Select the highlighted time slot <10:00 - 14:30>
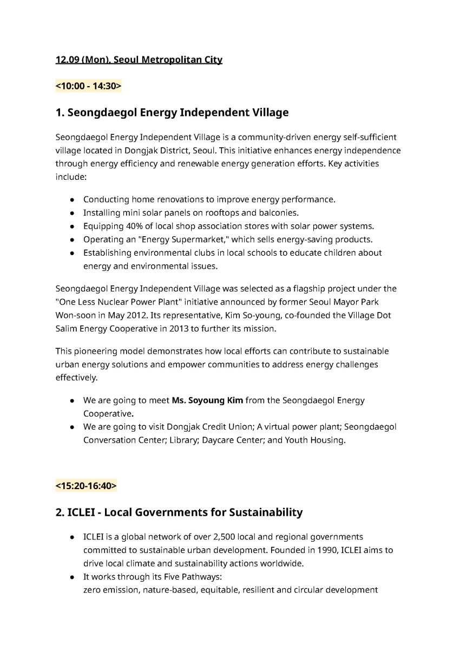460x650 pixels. point(88,86)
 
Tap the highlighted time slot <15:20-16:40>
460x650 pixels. point(86,486)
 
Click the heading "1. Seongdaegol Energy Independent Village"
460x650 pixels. point(172,113)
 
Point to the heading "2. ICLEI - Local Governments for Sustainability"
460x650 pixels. point(179,512)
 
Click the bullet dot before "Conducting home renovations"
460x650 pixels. point(72,200)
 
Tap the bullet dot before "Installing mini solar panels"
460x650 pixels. point(72,213)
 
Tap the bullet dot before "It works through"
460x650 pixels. point(72,577)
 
